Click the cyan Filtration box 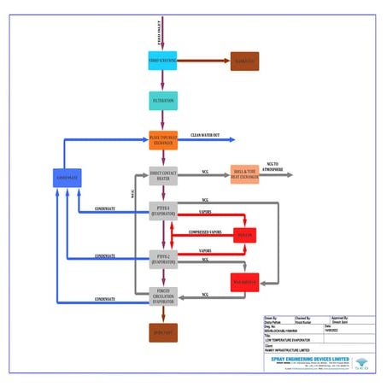pyautogui.click(x=162, y=101)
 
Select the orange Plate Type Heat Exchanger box pyautogui.click(x=162, y=139)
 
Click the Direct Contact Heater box pyautogui.click(x=162, y=175)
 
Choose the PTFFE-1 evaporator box pyautogui.click(x=162, y=210)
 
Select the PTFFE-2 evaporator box pyautogui.click(x=162, y=258)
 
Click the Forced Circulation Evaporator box pyautogui.click(x=162, y=296)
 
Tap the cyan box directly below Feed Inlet pyautogui.click(x=162, y=61)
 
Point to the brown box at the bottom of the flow pyautogui.click(x=162, y=332)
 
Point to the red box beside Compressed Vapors pyautogui.click(x=246, y=234)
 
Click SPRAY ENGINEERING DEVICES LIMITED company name pyautogui.click(x=307, y=360)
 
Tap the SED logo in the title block pyautogui.click(x=364, y=362)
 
